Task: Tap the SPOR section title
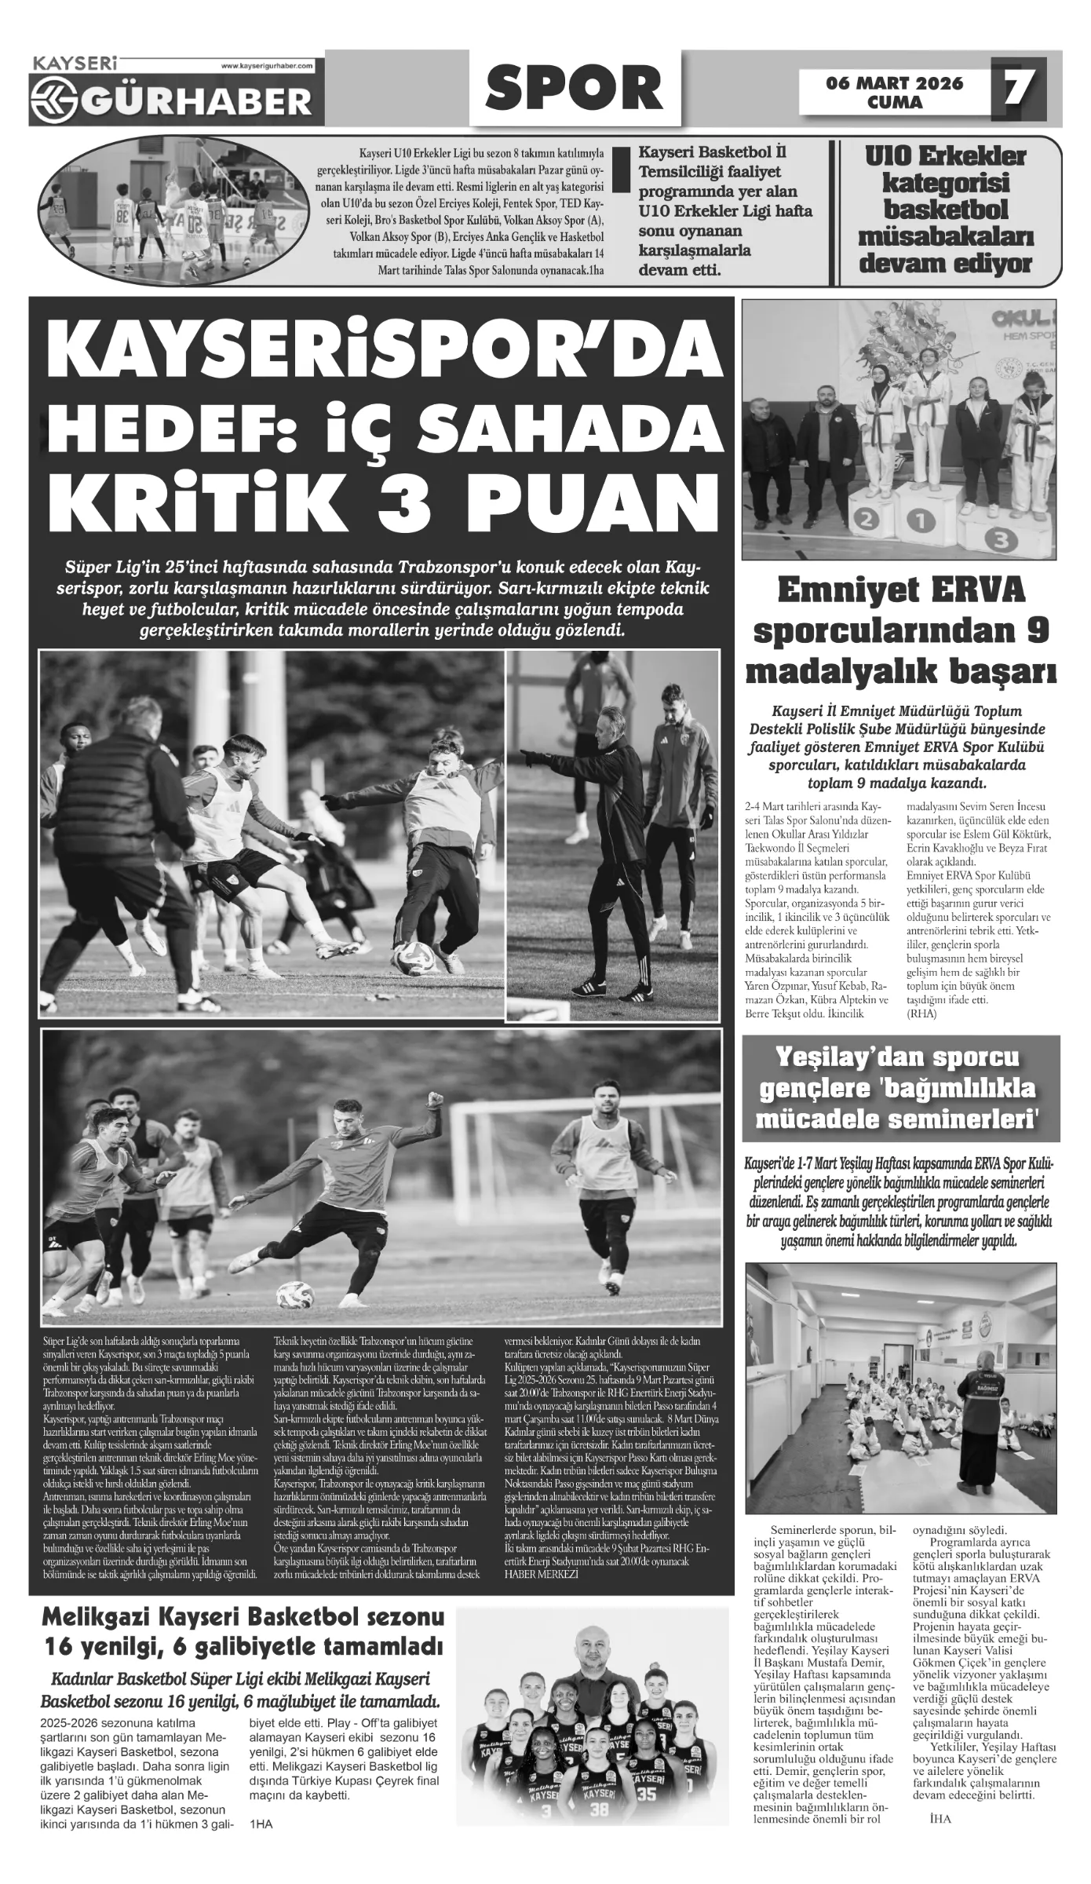coord(574,89)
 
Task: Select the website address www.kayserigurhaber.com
coord(267,68)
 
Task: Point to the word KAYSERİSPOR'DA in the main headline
coord(374,354)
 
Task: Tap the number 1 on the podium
coord(921,520)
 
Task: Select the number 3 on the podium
coord(1000,539)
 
